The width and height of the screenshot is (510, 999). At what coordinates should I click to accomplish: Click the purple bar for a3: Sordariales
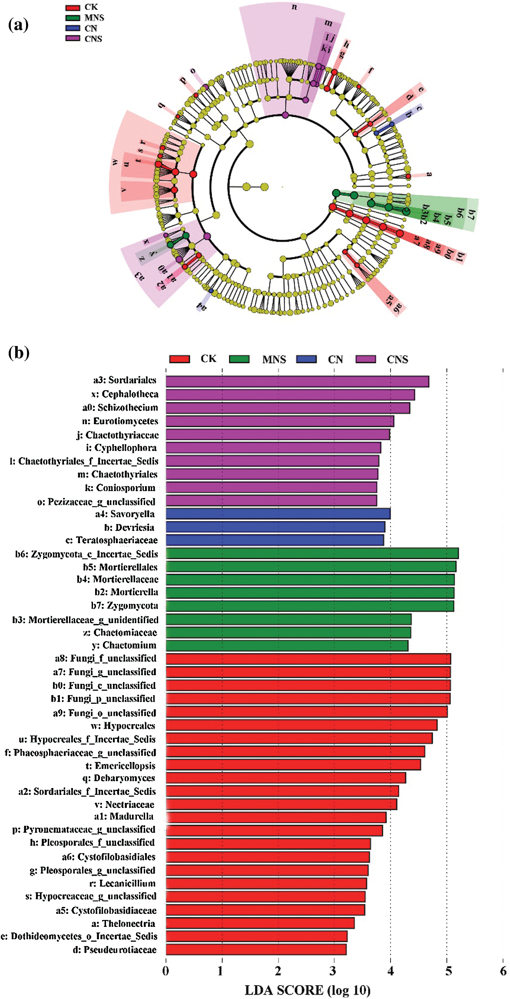pos(297,382)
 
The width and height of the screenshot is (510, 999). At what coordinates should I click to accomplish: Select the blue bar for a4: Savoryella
pos(278,514)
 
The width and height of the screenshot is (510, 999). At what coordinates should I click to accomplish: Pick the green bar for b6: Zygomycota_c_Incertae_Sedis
pos(312,554)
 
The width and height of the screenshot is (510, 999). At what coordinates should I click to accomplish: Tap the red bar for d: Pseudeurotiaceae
pos(256,950)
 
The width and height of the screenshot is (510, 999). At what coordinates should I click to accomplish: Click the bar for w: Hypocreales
pos(301,725)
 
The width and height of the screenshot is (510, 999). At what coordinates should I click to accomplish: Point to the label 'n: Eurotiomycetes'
pos(120,421)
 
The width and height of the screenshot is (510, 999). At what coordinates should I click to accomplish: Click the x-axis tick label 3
pos(334,971)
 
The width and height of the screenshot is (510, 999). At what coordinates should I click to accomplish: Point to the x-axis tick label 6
pos(503,971)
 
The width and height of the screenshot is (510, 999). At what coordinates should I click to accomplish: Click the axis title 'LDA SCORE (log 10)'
pos(308,990)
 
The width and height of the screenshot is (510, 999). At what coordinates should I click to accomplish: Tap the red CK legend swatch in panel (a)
pos(73,7)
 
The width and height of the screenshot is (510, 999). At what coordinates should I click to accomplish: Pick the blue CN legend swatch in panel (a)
pos(73,28)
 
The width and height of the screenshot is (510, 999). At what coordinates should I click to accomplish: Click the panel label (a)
pos(18,25)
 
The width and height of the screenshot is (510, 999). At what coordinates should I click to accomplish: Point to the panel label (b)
pos(19,353)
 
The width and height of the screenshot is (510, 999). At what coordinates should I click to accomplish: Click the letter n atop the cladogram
pos(295,7)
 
